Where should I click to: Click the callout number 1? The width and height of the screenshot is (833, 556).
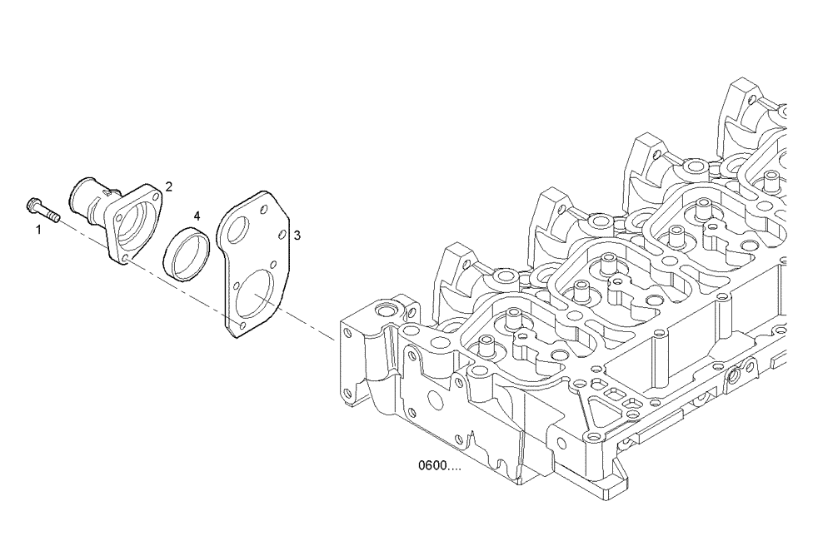coord(37,228)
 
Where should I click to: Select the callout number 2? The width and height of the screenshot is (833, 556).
coord(168,186)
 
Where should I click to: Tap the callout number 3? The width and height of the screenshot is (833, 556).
coord(297,236)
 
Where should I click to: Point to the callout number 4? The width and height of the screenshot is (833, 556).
coord(197,216)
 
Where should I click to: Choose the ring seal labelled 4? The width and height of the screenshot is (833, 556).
coord(189,256)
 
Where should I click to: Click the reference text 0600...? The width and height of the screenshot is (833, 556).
coord(439,466)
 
